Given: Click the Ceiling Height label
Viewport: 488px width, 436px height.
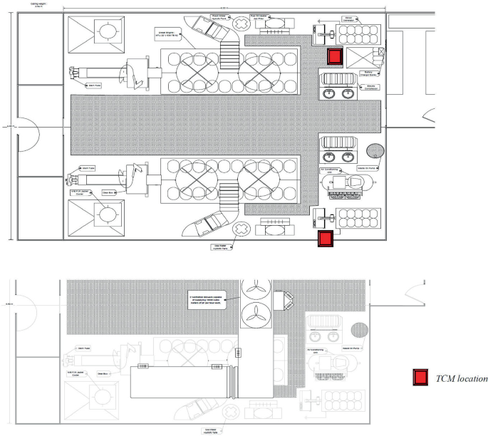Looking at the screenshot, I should click(x=26, y=4).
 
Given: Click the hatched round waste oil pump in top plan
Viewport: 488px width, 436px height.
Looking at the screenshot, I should click(x=376, y=151).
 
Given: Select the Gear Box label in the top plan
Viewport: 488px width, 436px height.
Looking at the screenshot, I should click(x=109, y=192).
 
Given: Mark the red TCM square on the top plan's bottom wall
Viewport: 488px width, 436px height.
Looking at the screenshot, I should click(x=326, y=239).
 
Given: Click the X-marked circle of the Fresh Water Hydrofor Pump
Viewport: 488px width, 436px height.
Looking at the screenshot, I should click(x=242, y=23).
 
